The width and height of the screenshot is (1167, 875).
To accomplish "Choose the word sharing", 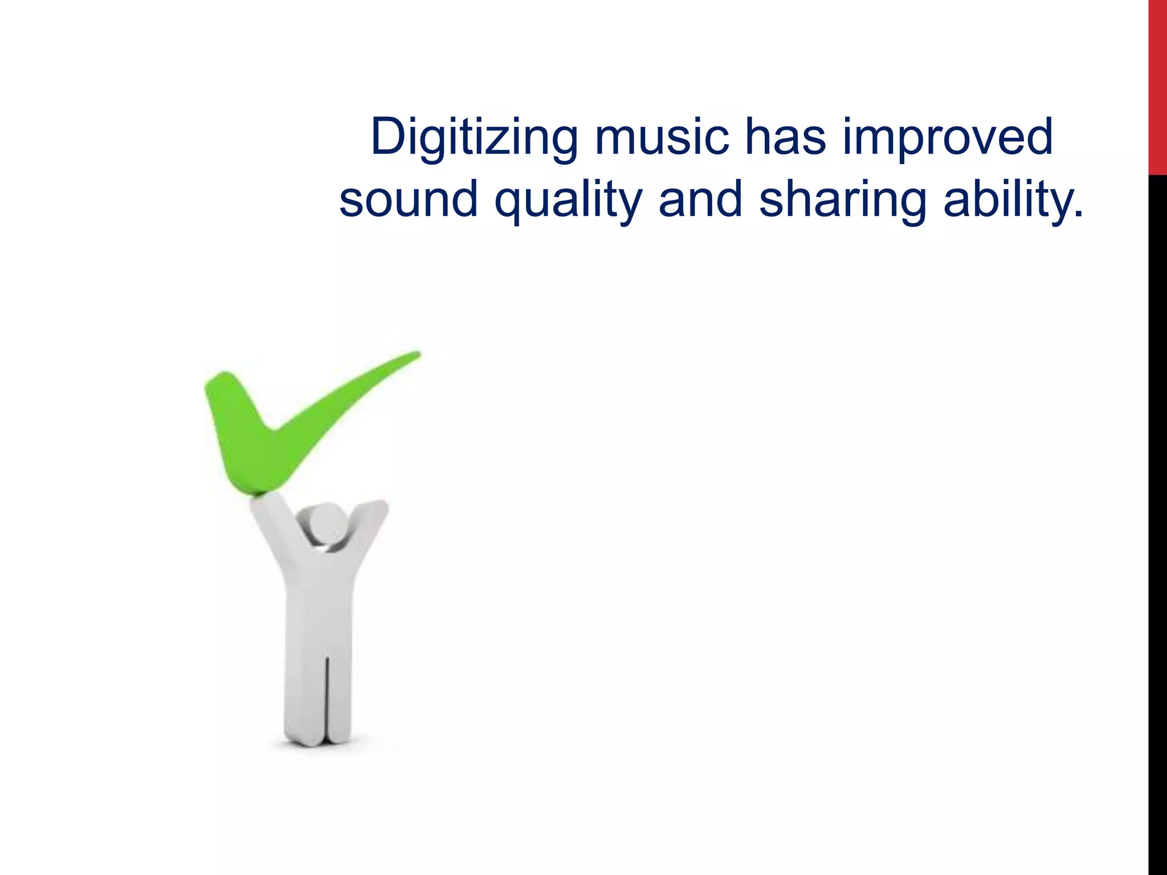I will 843,201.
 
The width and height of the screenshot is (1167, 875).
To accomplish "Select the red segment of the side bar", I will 1157,85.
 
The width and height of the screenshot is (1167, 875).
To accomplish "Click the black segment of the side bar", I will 1157,513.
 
